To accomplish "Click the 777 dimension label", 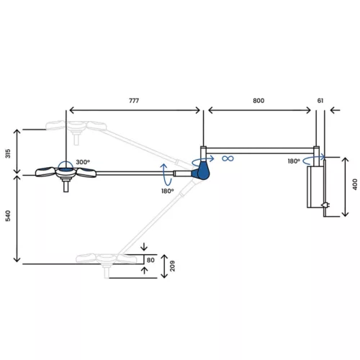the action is pyautogui.click(x=134, y=101).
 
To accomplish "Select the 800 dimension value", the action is pyautogui.click(x=258, y=101).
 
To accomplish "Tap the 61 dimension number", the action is pyautogui.click(x=320, y=101).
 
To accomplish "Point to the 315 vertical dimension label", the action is pyautogui.click(x=8, y=153).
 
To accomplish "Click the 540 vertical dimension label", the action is pyautogui.click(x=8, y=216).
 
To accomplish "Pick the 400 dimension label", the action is pyautogui.click(x=355, y=184).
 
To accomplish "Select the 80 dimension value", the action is pyautogui.click(x=150, y=260).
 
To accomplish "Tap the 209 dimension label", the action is pyautogui.click(x=172, y=266).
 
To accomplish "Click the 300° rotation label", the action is pyautogui.click(x=83, y=162).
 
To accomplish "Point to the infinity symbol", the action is pyautogui.click(x=228, y=158).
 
